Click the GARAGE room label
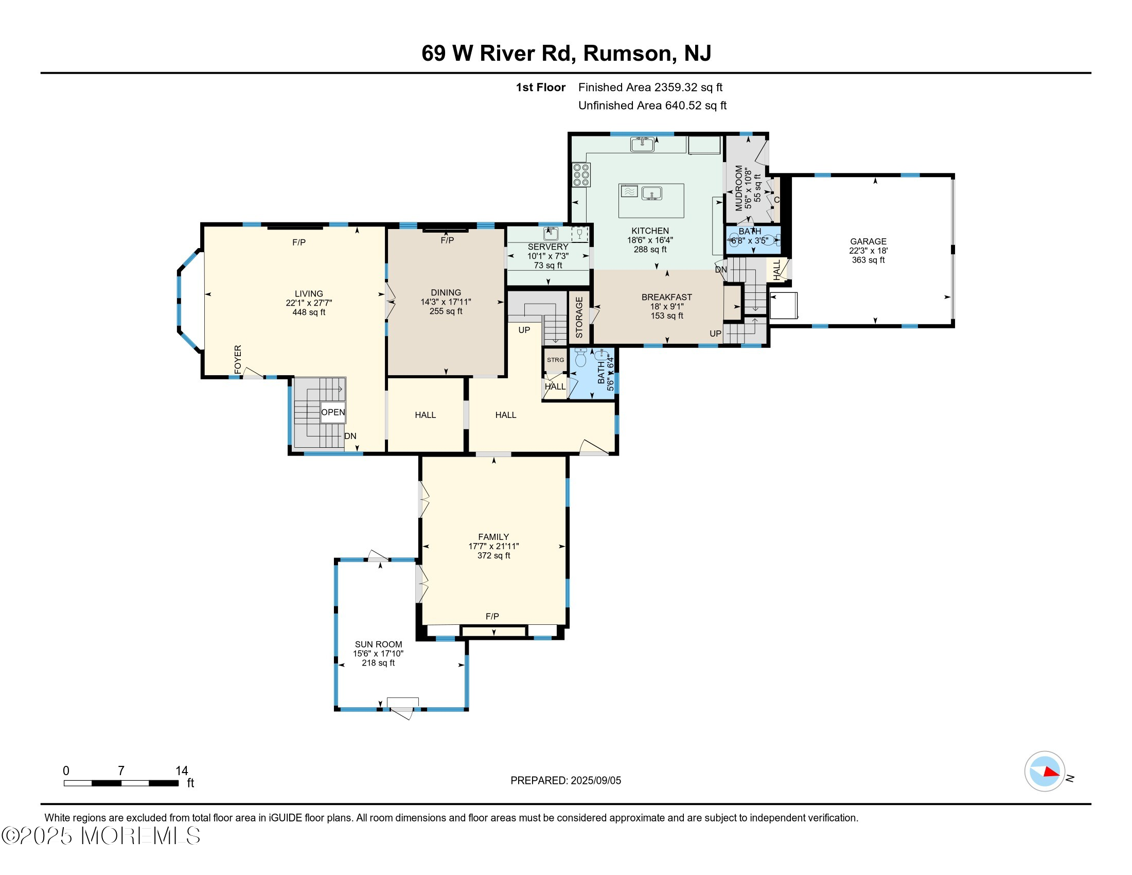point(868,241)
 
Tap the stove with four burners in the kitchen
point(581,174)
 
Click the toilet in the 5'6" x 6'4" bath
point(580,358)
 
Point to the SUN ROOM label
point(378,644)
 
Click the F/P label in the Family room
point(492,616)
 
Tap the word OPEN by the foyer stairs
point(333,412)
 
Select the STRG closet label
point(555,360)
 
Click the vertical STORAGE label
point(579,318)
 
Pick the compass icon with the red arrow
point(1045,772)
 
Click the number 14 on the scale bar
point(182,771)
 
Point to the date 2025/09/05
point(595,781)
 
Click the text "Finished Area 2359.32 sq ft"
point(650,87)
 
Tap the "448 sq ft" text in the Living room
point(309,312)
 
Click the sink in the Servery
point(551,234)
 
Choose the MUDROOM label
point(739,188)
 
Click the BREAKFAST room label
point(666,297)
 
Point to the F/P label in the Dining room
point(447,240)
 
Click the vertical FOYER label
point(238,359)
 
